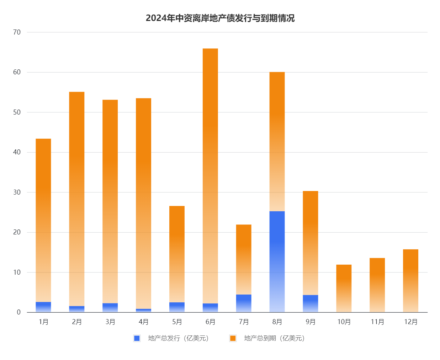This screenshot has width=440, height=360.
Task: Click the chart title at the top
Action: [220, 18]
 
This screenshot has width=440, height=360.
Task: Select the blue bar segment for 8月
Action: [277, 261]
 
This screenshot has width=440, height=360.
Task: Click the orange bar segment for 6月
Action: [210, 176]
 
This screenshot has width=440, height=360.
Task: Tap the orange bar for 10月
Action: [344, 288]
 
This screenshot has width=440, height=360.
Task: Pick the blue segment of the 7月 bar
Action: [244, 303]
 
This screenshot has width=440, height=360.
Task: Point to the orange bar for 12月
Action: [410, 281]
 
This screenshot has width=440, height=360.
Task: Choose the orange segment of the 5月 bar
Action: [177, 254]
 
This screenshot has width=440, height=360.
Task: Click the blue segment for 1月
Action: [43, 307]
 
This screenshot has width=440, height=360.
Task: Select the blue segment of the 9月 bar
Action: [310, 303]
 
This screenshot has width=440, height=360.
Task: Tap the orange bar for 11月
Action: [377, 285]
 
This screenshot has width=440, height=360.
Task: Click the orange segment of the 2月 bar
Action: [77, 198]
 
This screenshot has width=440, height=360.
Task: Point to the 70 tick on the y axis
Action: [17, 32]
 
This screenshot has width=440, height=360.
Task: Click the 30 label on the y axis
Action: [17, 192]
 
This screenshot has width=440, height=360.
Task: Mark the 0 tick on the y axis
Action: [18, 312]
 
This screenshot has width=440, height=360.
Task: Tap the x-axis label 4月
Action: [144, 322]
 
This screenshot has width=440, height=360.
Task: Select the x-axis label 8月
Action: [277, 322]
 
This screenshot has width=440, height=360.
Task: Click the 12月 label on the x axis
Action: [411, 322]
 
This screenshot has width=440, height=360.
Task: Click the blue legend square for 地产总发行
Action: [137, 338]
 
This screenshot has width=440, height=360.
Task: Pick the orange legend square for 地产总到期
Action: [233, 338]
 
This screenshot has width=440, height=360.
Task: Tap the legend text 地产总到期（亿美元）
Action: [274, 338]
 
